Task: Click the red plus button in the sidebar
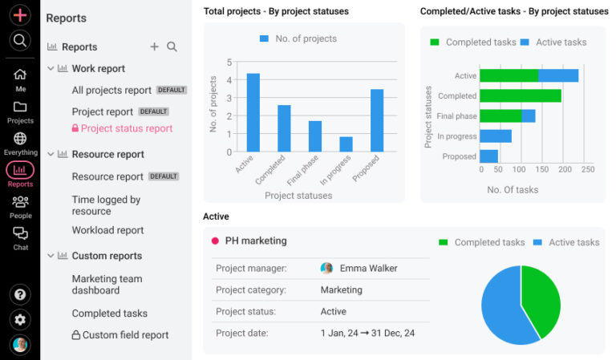click(x=20, y=14)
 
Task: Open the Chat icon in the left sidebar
click(x=20, y=237)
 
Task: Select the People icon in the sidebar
click(x=20, y=206)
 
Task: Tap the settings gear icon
click(x=20, y=319)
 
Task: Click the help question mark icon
click(x=20, y=294)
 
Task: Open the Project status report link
click(x=126, y=128)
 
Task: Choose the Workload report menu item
click(x=107, y=230)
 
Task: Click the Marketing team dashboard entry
click(x=107, y=285)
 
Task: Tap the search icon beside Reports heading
click(x=172, y=47)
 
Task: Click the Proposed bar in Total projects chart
click(x=377, y=120)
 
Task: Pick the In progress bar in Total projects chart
click(x=346, y=144)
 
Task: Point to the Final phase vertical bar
click(x=314, y=136)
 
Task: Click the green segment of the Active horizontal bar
click(x=509, y=75)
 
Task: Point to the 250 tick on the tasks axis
click(x=588, y=169)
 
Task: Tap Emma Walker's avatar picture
click(x=326, y=269)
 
